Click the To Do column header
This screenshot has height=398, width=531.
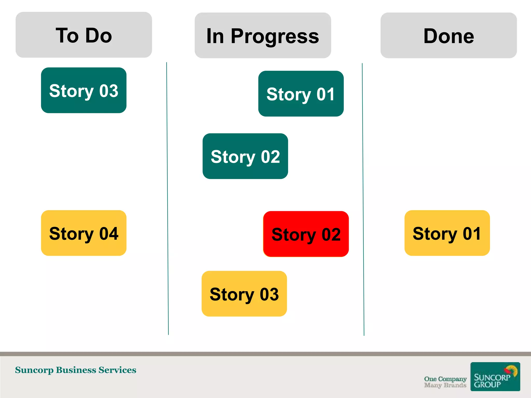click(x=84, y=35)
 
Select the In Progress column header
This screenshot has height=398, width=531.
click(x=263, y=35)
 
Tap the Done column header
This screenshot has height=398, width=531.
click(x=449, y=35)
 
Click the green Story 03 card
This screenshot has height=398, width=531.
click(x=84, y=90)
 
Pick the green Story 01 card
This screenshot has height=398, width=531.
click(x=301, y=94)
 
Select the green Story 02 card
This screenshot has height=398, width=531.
click(x=245, y=156)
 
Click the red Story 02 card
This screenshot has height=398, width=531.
click(x=306, y=234)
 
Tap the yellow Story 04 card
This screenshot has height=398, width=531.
click(x=84, y=233)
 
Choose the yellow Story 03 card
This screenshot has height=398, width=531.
click(x=244, y=294)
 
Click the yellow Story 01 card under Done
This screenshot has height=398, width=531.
click(x=447, y=233)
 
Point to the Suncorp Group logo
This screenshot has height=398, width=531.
click(x=495, y=376)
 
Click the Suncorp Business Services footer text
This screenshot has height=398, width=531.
click(x=75, y=370)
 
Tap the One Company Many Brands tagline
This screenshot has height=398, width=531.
click(x=445, y=382)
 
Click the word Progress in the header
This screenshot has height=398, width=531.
click(x=275, y=36)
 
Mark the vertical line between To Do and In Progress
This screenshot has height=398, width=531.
click(x=167, y=198)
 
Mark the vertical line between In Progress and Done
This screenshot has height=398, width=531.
click(x=363, y=200)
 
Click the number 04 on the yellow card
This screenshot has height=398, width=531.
click(x=109, y=233)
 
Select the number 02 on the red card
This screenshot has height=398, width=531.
click(x=331, y=234)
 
